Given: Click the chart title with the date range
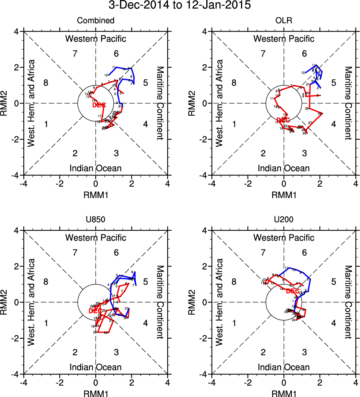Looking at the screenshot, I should pyautogui.click(x=180, y=6).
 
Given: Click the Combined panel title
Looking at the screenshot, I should pyautogui.click(x=96, y=21).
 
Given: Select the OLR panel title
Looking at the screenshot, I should pyautogui.click(x=284, y=21).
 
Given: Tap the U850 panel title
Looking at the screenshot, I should pyautogui.click(x=96, y=220).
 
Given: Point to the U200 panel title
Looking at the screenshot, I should pyautogui.click(x=284, y=220).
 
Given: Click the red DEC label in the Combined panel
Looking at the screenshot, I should pyautogui.click(x=99, y=105).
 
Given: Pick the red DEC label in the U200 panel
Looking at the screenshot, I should pyautogui.click(x=293, y=291).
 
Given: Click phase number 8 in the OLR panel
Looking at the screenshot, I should pyautogui.click(x=234, y=83).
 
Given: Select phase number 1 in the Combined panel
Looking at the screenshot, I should pyautogui.click(x=46, y=124).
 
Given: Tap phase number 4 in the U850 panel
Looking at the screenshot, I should pyautogui.click(x=145, y=323).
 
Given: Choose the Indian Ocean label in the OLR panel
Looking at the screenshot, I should pyautogui.click(x=284, y=168).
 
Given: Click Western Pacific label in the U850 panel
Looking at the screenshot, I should pyautogui.click(x=96, y=238).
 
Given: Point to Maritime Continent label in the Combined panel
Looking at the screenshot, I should pyautogui.click(x=160, y=103).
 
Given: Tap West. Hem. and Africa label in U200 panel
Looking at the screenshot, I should pyautogui.click(x=220, y=302).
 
